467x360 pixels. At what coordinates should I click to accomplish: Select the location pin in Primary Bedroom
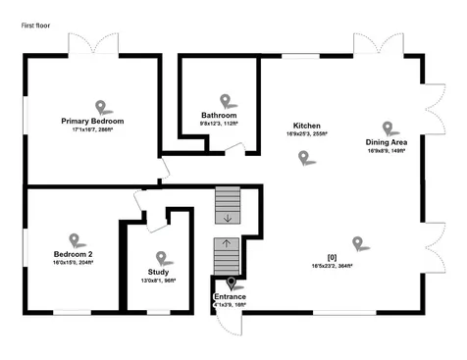[x=99, y=106]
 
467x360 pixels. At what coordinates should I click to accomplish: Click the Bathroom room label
[x=219, y=115]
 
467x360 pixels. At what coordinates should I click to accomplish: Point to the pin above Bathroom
[x=226, y=100]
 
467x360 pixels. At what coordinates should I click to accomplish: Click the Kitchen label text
[x=307, y=127]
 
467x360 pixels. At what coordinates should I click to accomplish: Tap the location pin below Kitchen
[x=303, y=158]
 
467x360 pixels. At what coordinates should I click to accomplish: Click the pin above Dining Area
[x=389, y=128]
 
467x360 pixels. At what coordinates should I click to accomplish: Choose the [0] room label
[x=332, y=257]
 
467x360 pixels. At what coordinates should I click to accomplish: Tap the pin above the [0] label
[x=358, y=242]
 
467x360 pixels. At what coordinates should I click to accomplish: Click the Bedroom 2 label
[x=73, y=254]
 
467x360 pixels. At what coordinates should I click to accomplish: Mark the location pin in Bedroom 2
[x=75, y=239]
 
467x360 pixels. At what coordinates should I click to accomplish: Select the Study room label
[x=158, y=272]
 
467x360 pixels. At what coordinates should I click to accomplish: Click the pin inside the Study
[x=163, y=258]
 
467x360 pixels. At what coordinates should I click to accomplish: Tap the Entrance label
[x=230, y=296]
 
